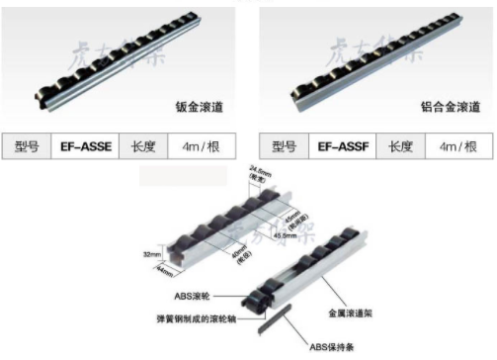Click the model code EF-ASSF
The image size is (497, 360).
tap(347, 146)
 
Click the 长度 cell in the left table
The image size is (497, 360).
tap(143, 146)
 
